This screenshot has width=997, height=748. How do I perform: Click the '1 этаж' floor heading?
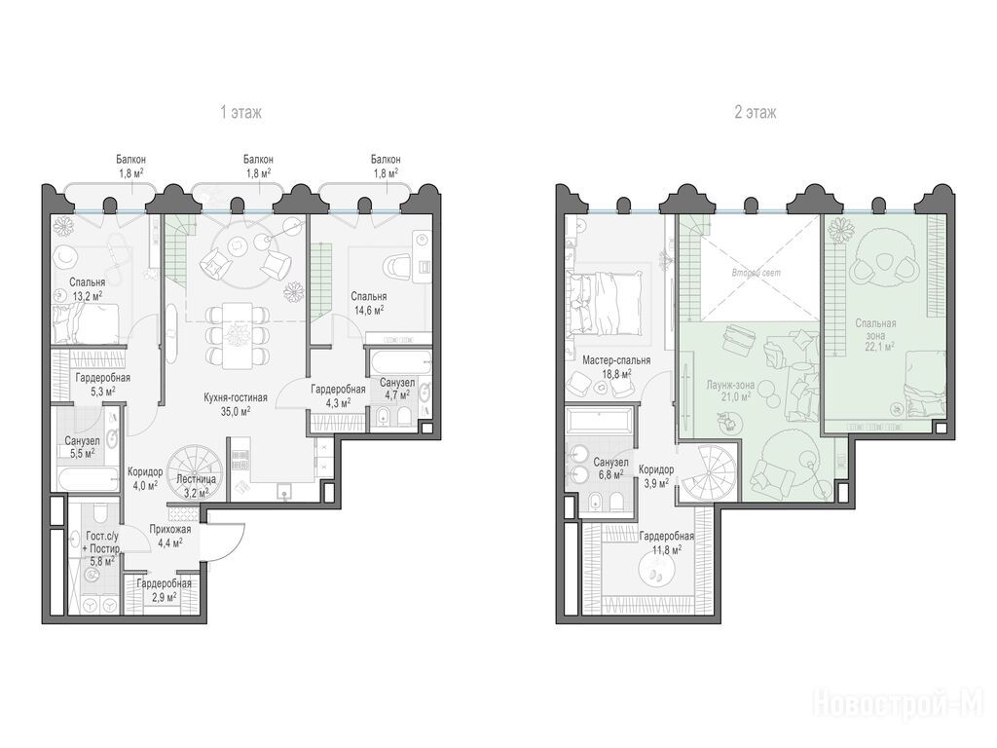240,113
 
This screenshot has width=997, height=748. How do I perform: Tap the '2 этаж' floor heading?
755,113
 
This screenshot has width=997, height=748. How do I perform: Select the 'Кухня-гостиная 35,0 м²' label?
236,404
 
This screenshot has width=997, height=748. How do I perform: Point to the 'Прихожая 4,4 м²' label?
169,536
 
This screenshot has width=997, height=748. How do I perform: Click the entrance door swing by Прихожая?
230,541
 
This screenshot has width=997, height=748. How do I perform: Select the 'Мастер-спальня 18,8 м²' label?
616,367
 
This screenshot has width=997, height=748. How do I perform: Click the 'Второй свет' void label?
756,273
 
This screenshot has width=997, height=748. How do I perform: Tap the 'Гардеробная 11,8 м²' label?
666,542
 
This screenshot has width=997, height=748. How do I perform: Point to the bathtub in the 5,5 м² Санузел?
87,479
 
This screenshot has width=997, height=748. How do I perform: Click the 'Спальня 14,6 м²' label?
369,303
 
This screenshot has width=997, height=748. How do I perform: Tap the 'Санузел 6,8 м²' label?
610,468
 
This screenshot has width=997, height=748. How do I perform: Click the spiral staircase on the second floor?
710,474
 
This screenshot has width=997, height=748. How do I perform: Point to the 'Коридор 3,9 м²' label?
656,475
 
